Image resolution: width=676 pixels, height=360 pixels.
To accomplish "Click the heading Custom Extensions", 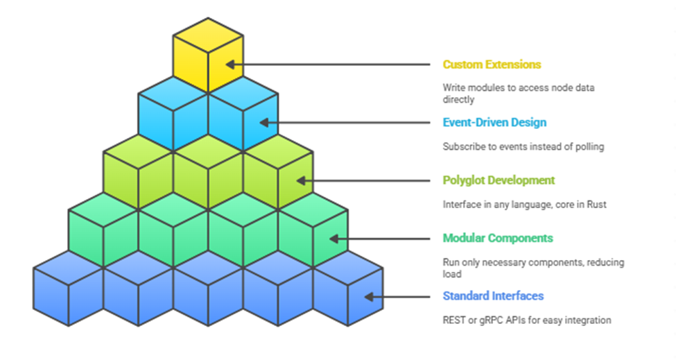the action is tap(492, 65).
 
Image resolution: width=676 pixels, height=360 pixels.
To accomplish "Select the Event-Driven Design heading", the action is tap(494, 123).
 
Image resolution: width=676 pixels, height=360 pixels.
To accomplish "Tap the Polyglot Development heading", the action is tap(499, 180).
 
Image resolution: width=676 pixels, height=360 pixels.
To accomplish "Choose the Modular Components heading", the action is tap(498, 238).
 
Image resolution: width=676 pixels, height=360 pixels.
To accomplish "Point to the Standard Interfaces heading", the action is tap(493, 295).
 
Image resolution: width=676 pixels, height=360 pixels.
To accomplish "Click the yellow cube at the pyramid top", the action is tap(208, 55).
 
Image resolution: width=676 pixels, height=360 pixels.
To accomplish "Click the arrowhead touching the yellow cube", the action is tap(230, 65).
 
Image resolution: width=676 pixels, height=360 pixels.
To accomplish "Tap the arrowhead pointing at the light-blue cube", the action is tap(264, 123).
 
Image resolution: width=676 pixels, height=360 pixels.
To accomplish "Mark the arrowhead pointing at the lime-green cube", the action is tap(302, 180).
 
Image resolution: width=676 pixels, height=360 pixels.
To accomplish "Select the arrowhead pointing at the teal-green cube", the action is tap(334, 239).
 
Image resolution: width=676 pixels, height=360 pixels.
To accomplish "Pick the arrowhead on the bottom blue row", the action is tap(369, 297).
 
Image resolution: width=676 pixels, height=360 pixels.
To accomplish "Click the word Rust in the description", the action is tap(596, 205).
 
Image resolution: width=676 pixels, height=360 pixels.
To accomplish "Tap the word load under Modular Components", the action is tap(452, 274).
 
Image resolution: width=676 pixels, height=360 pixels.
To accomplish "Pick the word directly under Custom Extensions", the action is tap(458, 100).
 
